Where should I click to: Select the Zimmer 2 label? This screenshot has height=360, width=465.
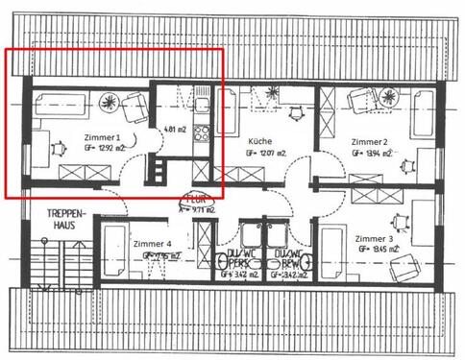pos(369,140)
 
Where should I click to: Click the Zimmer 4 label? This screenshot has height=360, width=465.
pos(154,244)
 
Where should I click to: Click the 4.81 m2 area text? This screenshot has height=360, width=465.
pos(174,129)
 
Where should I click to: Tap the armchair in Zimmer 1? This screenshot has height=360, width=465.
pos(135,107)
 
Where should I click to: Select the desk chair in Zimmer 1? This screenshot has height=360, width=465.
pos(60,149)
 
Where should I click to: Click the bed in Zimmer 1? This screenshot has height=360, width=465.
pos(58,106)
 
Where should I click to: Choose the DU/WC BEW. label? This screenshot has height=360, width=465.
pos(288,259)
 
